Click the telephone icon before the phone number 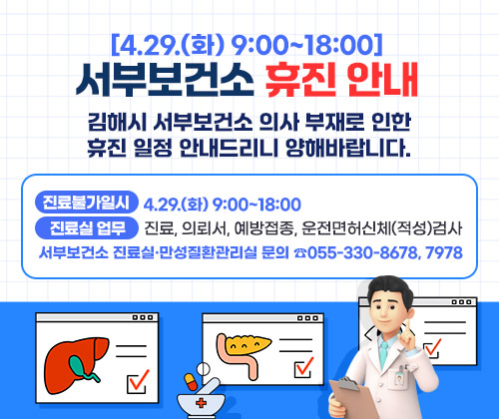[x=300, y=253]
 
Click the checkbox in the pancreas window [x=305, y=367]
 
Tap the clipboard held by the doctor [x=355, y=395]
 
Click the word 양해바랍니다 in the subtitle [x=352, y=154]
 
